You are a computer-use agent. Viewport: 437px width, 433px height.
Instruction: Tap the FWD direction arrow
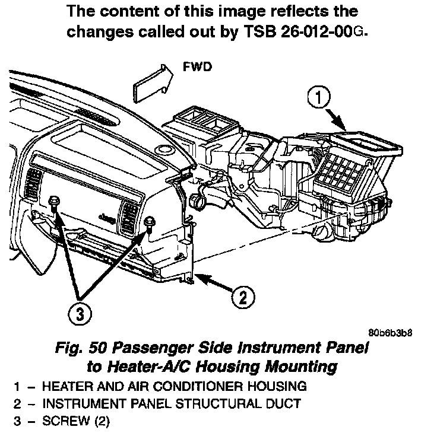coord(148,81)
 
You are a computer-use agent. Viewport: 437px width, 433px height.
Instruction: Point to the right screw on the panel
coord(148,221)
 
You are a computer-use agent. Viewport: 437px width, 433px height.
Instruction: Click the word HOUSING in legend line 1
coord(274,387)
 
